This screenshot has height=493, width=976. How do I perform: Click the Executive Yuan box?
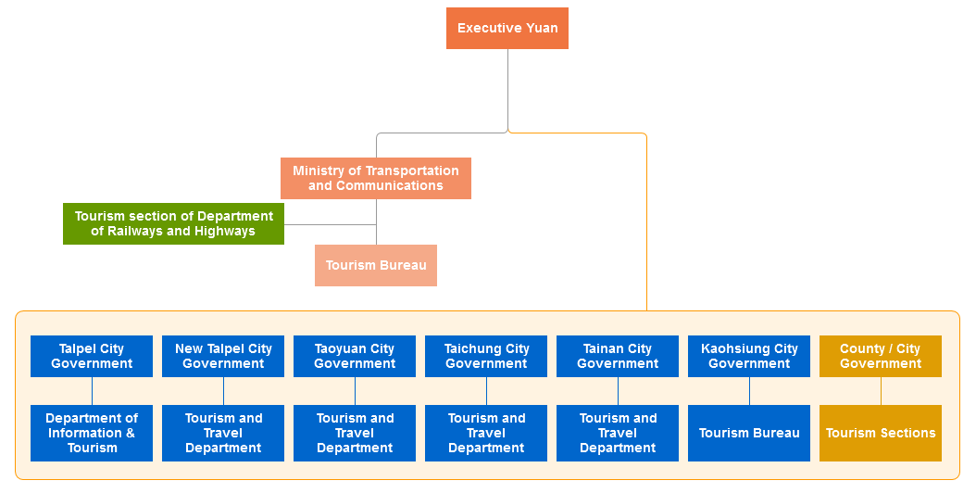click(507, 28)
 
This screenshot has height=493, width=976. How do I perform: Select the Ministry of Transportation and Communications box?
click(376, 178)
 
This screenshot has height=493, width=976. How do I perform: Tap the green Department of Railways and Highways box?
click(173, 223)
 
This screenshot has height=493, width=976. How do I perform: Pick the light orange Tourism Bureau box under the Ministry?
click(376, 265)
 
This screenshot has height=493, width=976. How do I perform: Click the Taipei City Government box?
click(92, 356)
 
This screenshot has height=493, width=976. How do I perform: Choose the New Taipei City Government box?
click(223, 356)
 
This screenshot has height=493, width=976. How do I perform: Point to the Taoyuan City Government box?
click(355, 356)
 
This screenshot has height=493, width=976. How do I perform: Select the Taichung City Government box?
click(486, 356)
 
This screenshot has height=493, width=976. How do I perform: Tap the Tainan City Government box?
click(618, 356)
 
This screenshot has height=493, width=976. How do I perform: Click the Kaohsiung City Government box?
click(749, 356)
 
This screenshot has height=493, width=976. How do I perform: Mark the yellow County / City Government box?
click(881, 356)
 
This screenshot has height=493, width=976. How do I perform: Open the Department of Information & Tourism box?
click(92, 433)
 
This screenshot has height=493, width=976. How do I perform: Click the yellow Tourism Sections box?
click(881, 433)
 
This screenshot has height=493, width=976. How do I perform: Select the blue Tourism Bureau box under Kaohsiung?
click(749, 433)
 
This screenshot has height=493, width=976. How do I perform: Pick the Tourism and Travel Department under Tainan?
click(618, 433)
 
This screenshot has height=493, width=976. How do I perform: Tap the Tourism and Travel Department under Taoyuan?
click(355, 433)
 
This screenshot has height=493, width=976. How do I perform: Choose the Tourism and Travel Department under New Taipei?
click(223, 433)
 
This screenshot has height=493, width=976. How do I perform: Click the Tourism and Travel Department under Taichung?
click(486, 433)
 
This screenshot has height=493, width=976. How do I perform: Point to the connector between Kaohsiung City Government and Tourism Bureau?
click(749, 391)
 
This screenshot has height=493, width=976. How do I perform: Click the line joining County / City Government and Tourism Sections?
click(881, 391)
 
